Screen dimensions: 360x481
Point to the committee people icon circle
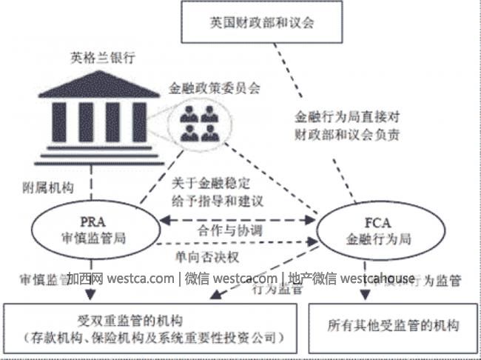coord(199,122)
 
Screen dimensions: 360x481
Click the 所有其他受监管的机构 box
coord(393,326)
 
